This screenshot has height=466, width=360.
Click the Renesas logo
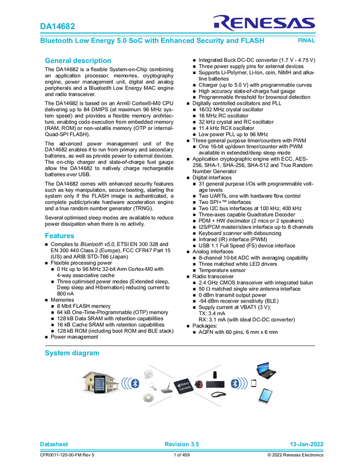[x=264, y=22]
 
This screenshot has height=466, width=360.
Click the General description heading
[x=78, y=61]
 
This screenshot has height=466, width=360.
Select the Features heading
[x=59, y=235]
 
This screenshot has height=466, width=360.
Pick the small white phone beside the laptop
[x=253, y=383]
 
